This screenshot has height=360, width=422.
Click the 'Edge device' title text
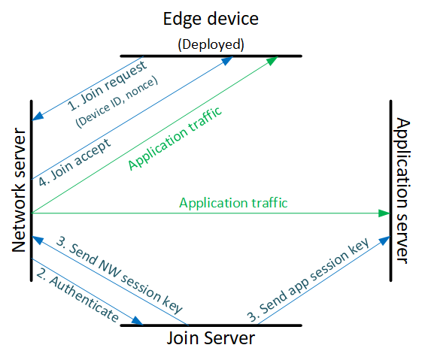(x=211, y=19)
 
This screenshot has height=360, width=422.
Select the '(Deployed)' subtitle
(x=211, y=44)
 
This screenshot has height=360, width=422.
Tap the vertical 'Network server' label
(x=19, y=190)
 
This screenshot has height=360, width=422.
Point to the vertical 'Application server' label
(x=403, y=191)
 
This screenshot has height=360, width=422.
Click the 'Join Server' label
(x=211, y=338)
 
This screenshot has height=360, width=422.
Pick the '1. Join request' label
(x=107, y=86)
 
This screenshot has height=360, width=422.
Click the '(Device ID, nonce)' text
(x=117, y=102)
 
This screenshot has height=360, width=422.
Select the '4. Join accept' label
(x=74, y=162)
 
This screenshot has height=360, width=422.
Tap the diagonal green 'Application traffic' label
(x=175, y=139)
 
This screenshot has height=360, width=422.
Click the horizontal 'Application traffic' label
(x=233, y=203)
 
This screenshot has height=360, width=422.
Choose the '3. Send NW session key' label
(x=119, y=275)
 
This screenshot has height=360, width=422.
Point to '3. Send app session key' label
(x=308, y=280)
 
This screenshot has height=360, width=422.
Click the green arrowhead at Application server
(x=384, y=213)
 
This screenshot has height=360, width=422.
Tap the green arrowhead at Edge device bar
(x=272, y=60)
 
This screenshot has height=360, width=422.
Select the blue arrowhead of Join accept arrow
(x=227, y=60)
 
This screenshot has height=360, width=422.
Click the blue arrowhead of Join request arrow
(x=38, y=116)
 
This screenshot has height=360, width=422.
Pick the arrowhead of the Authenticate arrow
(x=138, y=321)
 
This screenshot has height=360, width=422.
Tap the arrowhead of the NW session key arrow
(x=38, y=240)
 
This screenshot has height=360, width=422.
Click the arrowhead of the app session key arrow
(x=384, y=240)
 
